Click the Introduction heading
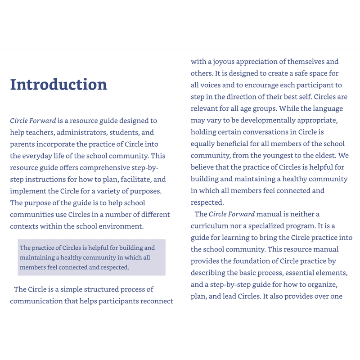coord(58,85)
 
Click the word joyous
coord(221,61)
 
